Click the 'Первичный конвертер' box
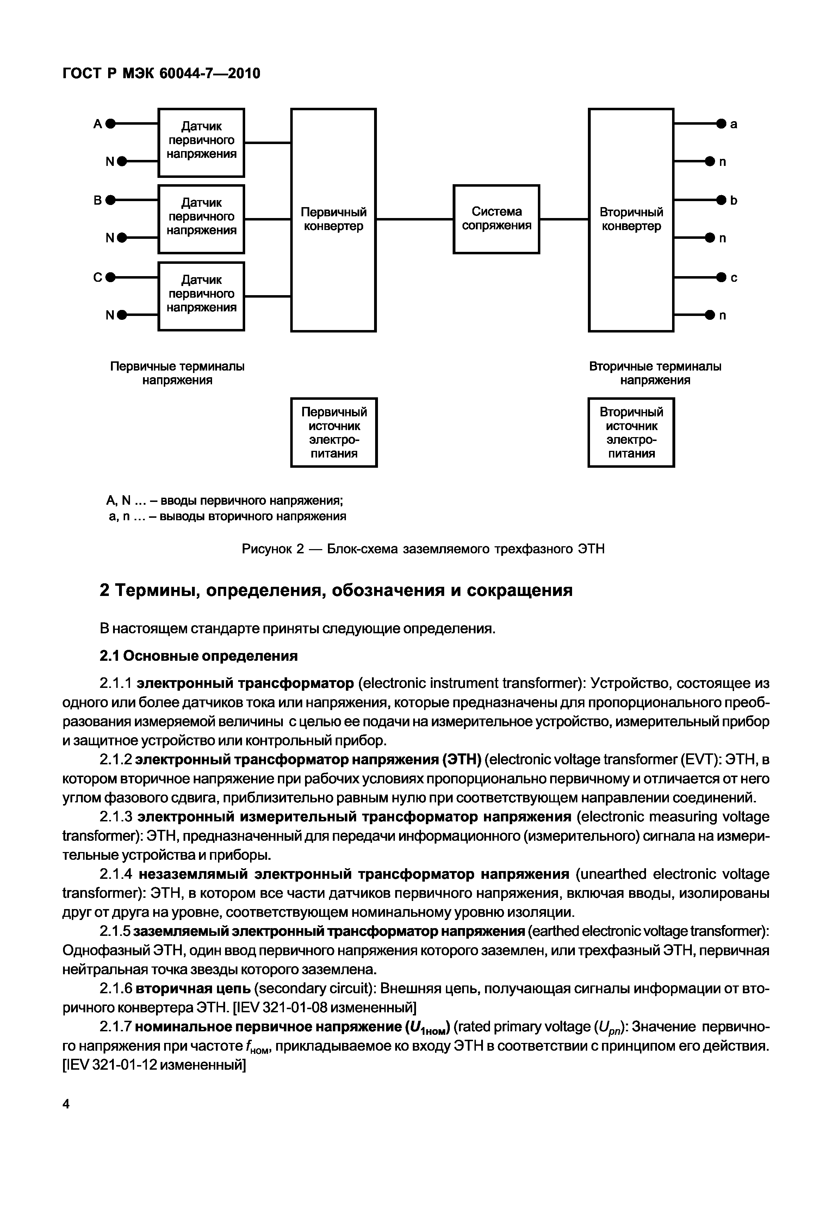click(x=333, y=219)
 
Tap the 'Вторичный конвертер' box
click(x=631, y=219)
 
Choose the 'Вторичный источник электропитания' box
click(x=631, y=432)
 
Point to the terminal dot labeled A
click(x=110, y=124)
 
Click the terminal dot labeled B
click(x=110, y=200)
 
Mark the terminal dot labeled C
click(x=110, y=277)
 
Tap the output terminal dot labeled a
click(x=721, y=124)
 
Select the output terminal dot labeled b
click(x=721, y=200)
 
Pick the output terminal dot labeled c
click(x=721, y=277)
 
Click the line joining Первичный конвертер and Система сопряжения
click(x=415, y=219)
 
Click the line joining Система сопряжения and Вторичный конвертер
click(x=564, y=219)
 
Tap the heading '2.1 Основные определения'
click(x=199, y=655)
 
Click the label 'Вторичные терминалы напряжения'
click(x=655, y=373)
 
